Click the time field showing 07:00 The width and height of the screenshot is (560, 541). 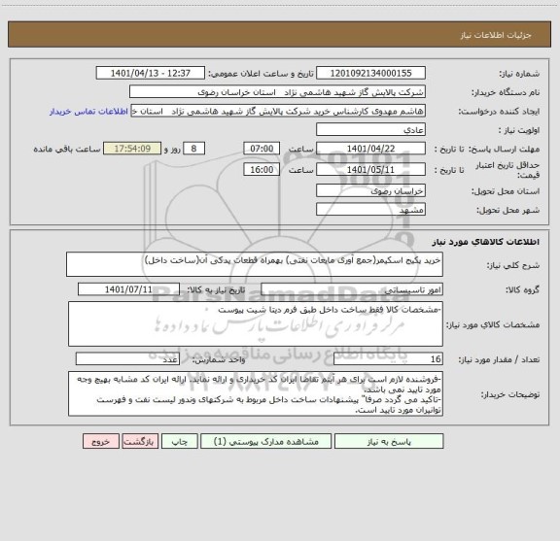[x=262, y=148]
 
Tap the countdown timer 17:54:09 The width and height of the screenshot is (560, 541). [x=147, y=148]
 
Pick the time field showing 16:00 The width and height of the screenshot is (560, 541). [x=262, y=170]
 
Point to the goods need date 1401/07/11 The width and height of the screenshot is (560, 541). [x=141, y=289]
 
